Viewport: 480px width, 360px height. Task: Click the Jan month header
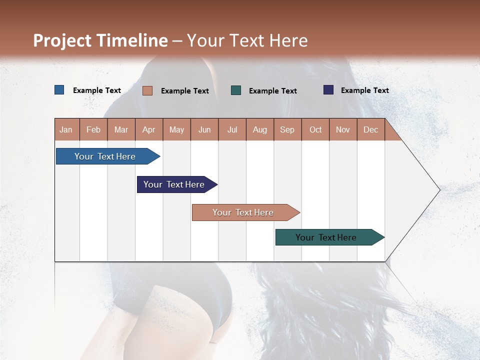tap(66, 129)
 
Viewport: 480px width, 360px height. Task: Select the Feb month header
tap(93, 129)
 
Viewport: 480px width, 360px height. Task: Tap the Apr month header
tap(149, 129)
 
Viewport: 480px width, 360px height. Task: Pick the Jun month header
tap(204, 129)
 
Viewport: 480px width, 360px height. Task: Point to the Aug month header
tap(260, 129)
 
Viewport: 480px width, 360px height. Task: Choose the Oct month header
tap(315, 129)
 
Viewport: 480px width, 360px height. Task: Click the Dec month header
tap(371, 129)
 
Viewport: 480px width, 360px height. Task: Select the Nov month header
tap(343, 129)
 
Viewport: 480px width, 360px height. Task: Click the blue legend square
tap(59, 90)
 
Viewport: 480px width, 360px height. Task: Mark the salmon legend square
tap(147, 90)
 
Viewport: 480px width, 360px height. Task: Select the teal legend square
tap(236, 90)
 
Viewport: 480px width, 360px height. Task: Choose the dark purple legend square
tap(328, 90)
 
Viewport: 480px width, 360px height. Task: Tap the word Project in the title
tap(62, 40)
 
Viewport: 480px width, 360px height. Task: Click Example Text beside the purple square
tap(365, 90)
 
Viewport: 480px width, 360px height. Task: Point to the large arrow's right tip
tap(439, 190)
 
